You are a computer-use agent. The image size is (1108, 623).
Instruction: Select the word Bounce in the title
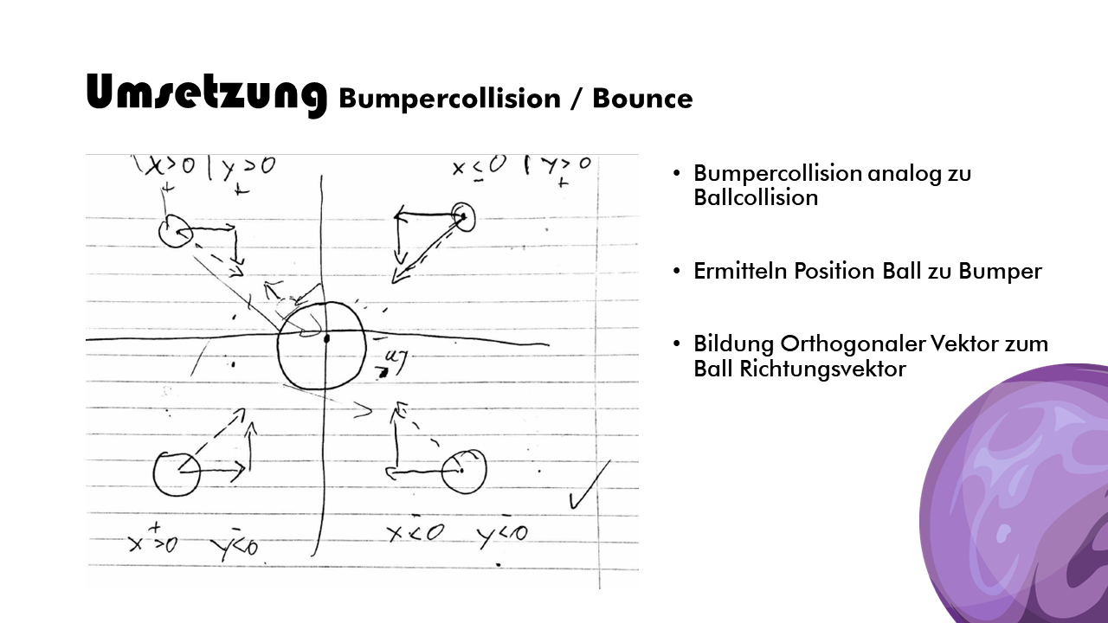coord(642,99)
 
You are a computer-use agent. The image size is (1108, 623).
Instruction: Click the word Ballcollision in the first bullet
coord(756,197)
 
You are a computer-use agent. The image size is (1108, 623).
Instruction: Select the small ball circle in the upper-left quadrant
coord(176,231)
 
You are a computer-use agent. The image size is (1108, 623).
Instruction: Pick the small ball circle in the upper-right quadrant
coord(463,216)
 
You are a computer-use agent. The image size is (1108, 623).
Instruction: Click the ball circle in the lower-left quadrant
coord(177,472)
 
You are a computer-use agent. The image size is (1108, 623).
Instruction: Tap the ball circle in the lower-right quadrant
coord(463,472)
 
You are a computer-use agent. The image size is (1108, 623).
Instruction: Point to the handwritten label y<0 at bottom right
coord(502,535)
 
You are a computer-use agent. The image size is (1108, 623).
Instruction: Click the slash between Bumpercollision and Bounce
coord(576,100)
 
